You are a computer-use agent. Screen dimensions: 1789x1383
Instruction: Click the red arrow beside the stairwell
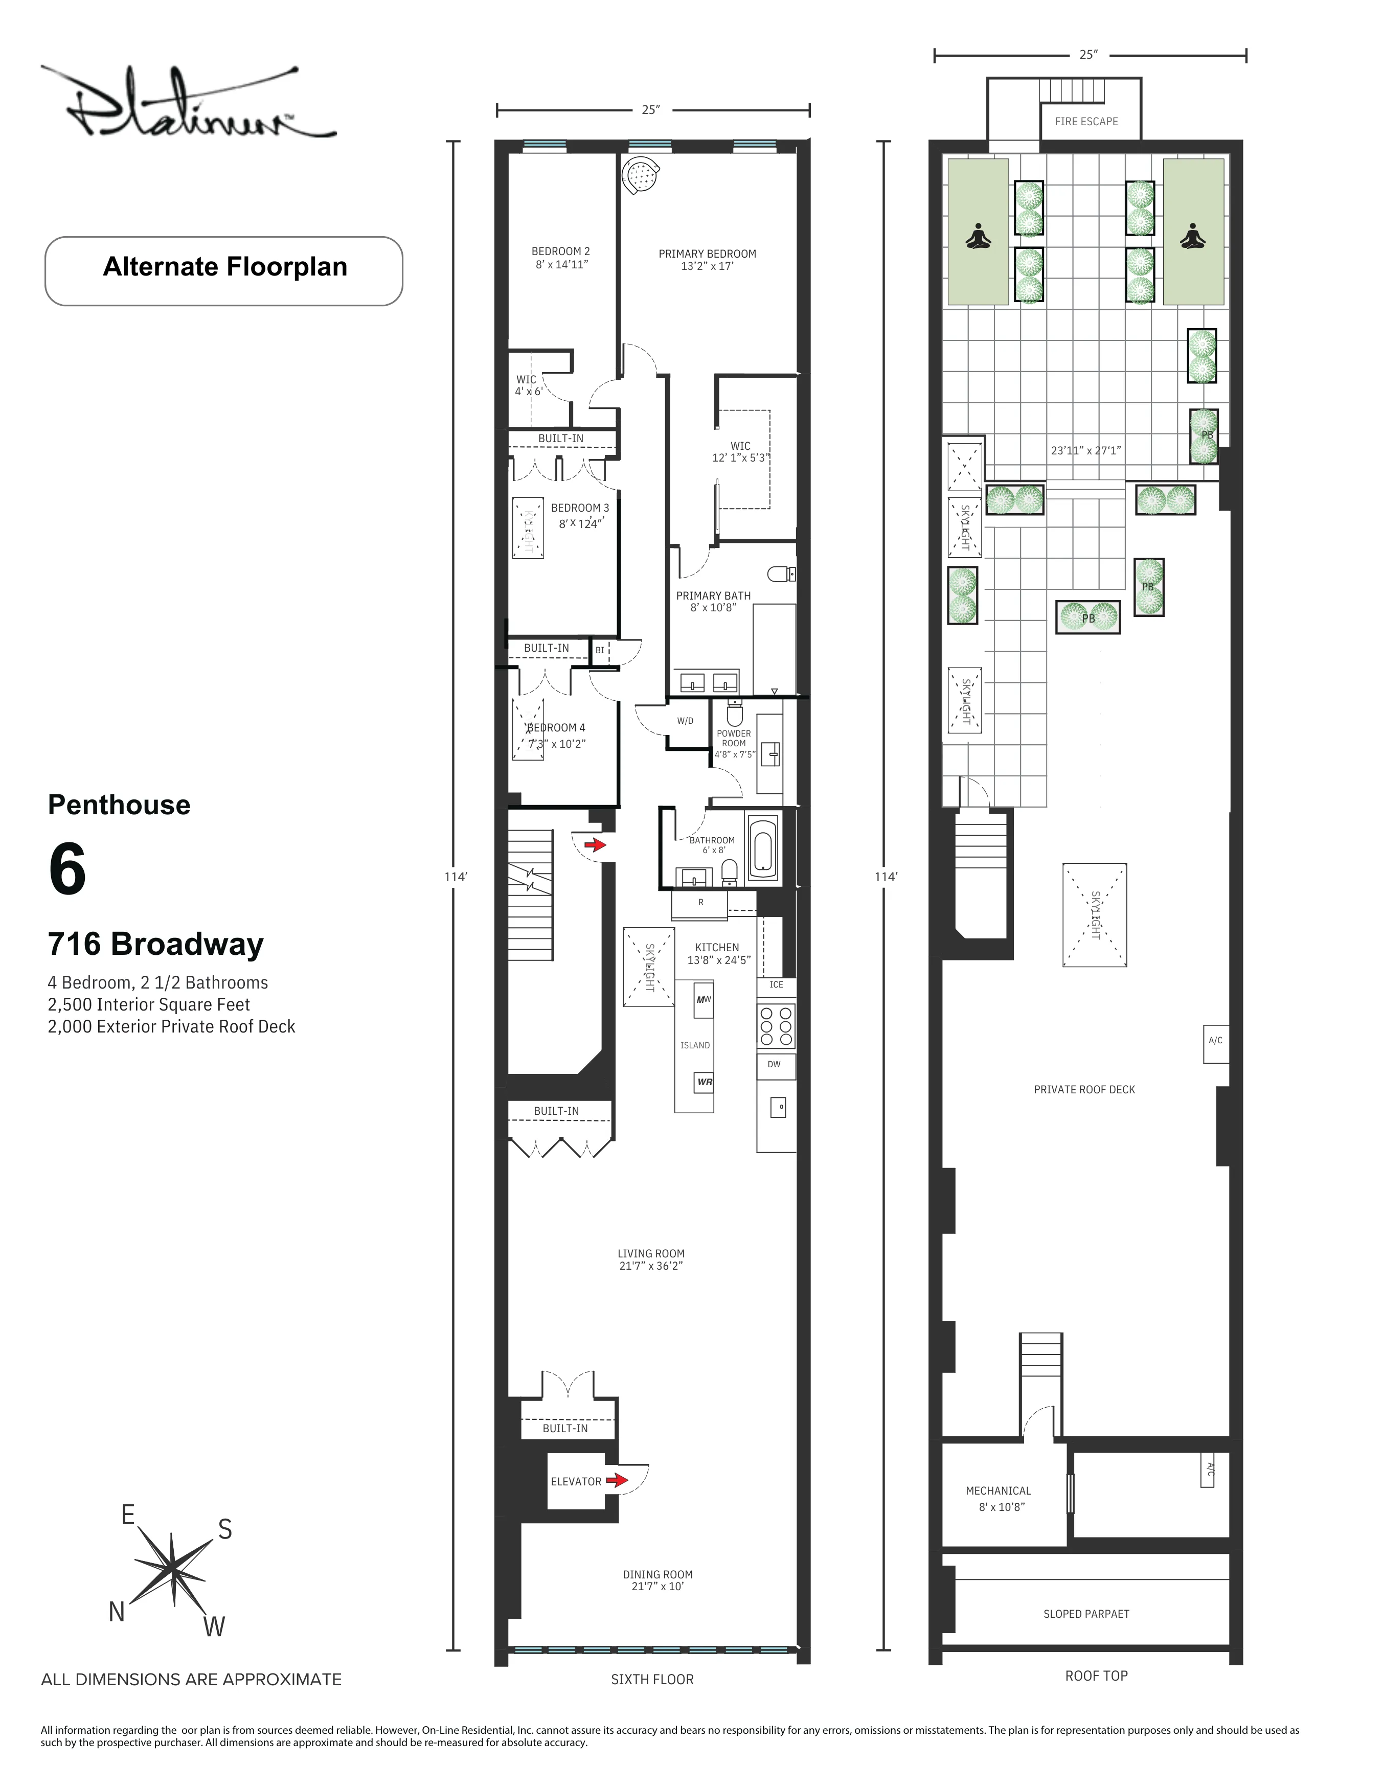click(x=594, y=844)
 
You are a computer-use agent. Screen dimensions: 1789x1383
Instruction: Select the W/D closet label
click(x=685, y=721)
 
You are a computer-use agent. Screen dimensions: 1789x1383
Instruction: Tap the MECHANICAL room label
click(x=998, y=1491)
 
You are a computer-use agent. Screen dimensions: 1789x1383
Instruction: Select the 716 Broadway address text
click(x=155, y=945)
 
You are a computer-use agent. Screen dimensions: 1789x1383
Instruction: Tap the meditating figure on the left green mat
click(x=978, y=237)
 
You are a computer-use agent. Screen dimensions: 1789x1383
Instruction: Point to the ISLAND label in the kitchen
click(x=695, y=1045)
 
